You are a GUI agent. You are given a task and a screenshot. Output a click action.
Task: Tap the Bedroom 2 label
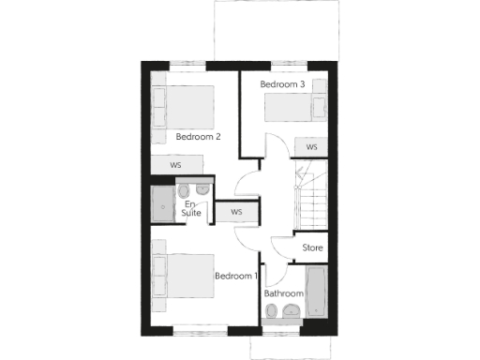point(198,137)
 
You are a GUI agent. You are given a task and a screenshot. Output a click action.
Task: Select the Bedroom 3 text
point(282,84)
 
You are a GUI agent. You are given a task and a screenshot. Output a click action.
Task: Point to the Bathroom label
point(283,293)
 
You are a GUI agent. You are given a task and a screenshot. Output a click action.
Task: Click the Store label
point(313,248)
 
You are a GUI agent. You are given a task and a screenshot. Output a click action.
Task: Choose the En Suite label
point(191,209)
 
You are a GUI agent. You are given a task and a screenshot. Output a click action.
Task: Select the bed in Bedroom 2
point(183,108)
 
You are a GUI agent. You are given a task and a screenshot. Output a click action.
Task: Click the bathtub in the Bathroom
point(315,293)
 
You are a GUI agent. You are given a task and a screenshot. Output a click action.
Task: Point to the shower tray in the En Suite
point(164,203)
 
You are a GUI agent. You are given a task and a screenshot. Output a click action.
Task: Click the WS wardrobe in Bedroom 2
point(176,165)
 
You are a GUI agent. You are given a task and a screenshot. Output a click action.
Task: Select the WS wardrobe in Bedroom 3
point(310,147)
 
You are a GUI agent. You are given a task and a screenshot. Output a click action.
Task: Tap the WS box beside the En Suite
point(236,212)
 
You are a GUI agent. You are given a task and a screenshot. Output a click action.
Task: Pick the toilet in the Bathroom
point(273,317)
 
